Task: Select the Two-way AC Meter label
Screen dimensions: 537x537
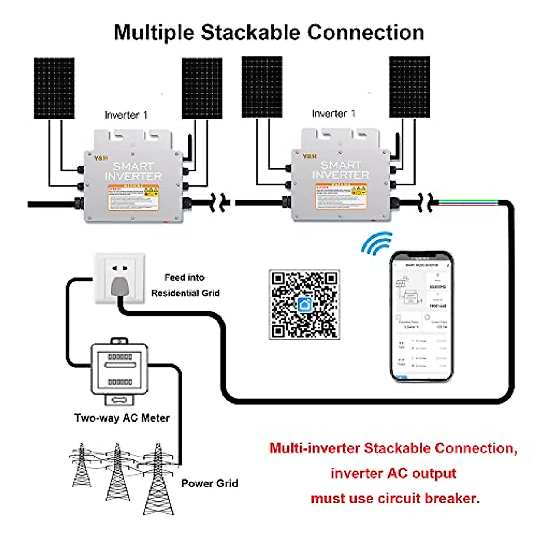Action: (x=122, y=418)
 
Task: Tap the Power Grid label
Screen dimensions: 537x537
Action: (x=209, y=483)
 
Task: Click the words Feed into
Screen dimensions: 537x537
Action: (x=184, y=277)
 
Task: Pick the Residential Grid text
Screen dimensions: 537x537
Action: (x=185, y=293)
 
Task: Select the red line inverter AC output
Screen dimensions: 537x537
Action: (x=393, y=473)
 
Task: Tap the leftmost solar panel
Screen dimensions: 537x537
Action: (x=54, y=88)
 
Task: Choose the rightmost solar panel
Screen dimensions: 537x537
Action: (x=409, y=87)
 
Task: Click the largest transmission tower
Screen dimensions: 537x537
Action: (x=158, y=479)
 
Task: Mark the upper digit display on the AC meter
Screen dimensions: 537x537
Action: (x=120, y=357)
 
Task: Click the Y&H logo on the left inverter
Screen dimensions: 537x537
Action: (x=101, y=158)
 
